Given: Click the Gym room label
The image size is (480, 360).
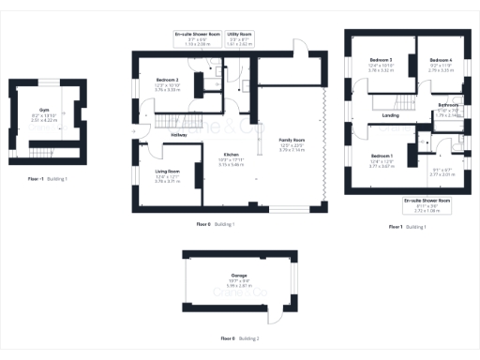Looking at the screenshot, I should (45, 109).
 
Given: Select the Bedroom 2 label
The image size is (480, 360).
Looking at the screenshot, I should (167, 80).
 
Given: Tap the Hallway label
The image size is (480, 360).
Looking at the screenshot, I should (178, 135).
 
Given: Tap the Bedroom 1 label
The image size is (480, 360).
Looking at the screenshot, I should (382, 155).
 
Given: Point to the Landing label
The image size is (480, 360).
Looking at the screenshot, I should (392, 116).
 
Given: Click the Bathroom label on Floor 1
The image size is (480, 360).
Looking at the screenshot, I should (448, 105).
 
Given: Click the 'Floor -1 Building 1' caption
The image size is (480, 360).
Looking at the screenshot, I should (48, 177).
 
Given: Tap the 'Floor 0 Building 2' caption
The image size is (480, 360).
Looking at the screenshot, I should (240, 337).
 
